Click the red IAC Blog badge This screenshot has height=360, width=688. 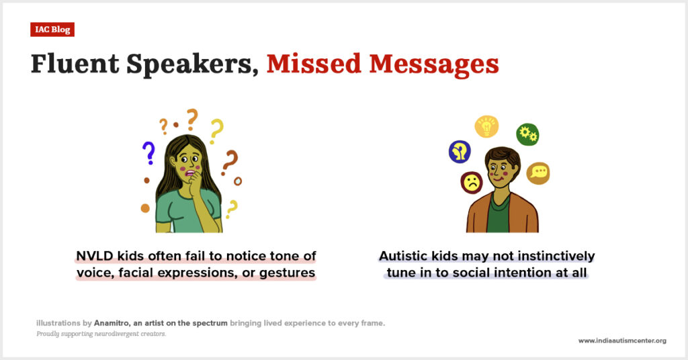click(52, 30)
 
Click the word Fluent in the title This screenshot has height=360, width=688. click(75, 64)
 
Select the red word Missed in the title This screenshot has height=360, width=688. click(314, 64)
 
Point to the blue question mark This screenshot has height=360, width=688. click(148, 152)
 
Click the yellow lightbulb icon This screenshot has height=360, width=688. click(486, 126)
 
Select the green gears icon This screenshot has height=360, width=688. click(527, 134)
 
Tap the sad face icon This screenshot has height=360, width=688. click(472, 183)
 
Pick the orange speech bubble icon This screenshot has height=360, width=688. click(538, 173)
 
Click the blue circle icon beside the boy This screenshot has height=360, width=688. click(460, 152)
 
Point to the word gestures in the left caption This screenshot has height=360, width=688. click(287, 273)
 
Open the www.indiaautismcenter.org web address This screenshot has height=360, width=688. click(622, 341)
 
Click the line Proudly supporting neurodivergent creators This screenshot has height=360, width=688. click(101, 334)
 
